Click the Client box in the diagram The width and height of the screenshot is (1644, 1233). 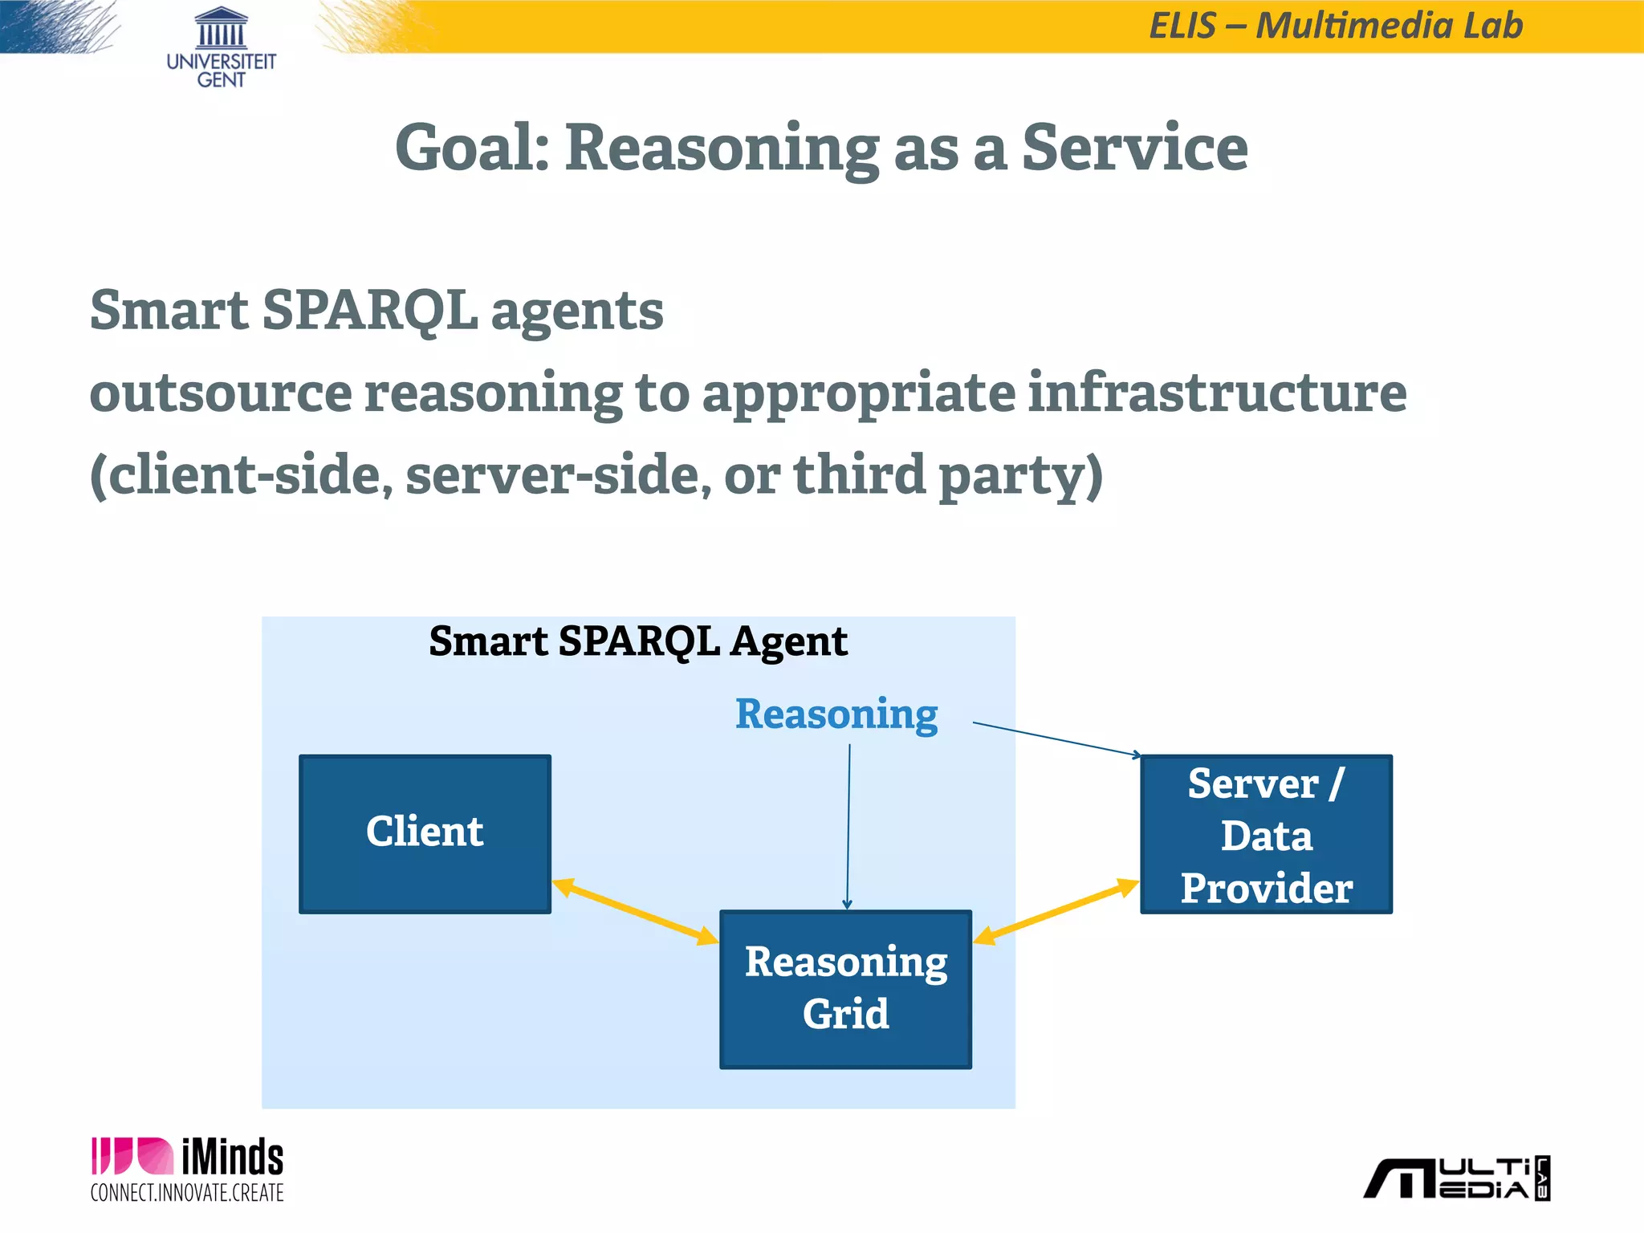pos(425,833)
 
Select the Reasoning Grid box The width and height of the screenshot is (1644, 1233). pos(845,989)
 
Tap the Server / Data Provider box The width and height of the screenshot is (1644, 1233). pos(1266,833)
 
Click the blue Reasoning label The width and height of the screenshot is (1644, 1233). pos(836,714)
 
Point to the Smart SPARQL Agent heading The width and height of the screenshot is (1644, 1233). pos(638,641)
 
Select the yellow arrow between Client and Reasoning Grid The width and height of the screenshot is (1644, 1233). pos(635,911)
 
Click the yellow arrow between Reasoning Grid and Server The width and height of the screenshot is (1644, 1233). pos(1056,911)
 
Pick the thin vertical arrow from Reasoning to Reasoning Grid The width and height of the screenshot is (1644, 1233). pos(848,827)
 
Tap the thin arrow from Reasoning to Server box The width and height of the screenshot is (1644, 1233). pos(1056,739)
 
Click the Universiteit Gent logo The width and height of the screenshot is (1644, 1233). pos(221,48)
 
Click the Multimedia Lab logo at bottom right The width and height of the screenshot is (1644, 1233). pos(1457,1178)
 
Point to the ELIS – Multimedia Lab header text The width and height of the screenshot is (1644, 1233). pos(1336,26)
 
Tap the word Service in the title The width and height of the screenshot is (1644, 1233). pos(1134,149)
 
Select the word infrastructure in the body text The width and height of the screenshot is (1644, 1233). pos(1217,393)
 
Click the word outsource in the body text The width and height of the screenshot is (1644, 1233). pos(221,393)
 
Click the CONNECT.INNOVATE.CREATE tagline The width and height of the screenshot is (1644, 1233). pos(187,1193)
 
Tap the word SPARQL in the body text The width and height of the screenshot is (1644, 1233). pos(370,311)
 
